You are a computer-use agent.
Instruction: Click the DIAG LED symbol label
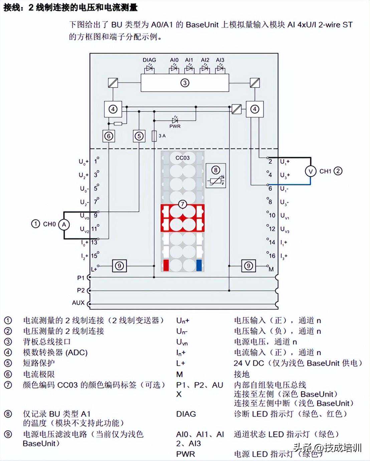pyautogui.click(x=149, y=60)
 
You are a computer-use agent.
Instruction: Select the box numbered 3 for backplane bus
pyautogui.click(x=185, y=83)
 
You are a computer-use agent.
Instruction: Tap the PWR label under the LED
pyautogui.click(x=175, y=126)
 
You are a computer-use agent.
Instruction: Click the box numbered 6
pyautogui.click(x=109, y=136)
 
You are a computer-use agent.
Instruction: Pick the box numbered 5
pyautogui.click(x=139, y=136)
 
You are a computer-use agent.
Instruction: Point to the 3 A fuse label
pyautogui.click(x=162, y=136)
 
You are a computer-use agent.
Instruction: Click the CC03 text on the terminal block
pyautogui.click(x=182, y=158)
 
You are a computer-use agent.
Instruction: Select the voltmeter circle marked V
pyautogui.click(x=311, y=171)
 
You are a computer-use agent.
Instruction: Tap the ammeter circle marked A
pyautogui.click(x=64, y=224)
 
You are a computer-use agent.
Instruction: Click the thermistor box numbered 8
pyautogui.click(x=216, y=175)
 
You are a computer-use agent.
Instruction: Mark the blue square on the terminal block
pyautogui.click(x=199, y=265)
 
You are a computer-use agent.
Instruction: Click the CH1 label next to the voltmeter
pyautogui.click(x=325, y=171)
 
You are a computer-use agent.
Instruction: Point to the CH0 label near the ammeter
pyautogui.click(x=49, y=224)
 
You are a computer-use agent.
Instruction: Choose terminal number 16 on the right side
pyautogui.click(x=272, y=256)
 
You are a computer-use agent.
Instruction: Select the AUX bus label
pyautogui.click(x=78, y=303)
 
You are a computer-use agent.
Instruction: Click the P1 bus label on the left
pyautogui.click(x=81, y=278)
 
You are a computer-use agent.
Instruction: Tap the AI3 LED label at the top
pyautogui.click(x=220, y=60)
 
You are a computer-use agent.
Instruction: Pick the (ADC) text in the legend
pyautogui.click(x=76, y=352)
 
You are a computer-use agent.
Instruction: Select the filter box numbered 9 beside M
pyautogui.click(x=248, y=266)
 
